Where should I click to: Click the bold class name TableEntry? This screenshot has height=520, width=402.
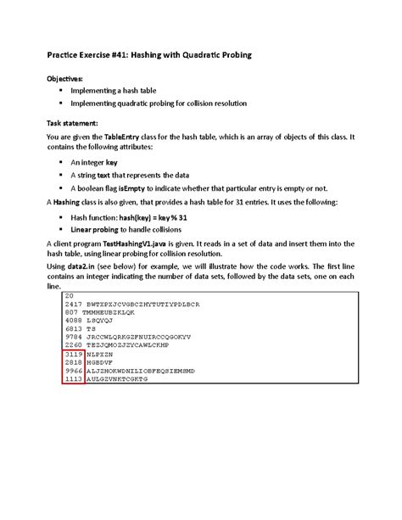126,137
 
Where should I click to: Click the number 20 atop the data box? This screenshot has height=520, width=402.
70,295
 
